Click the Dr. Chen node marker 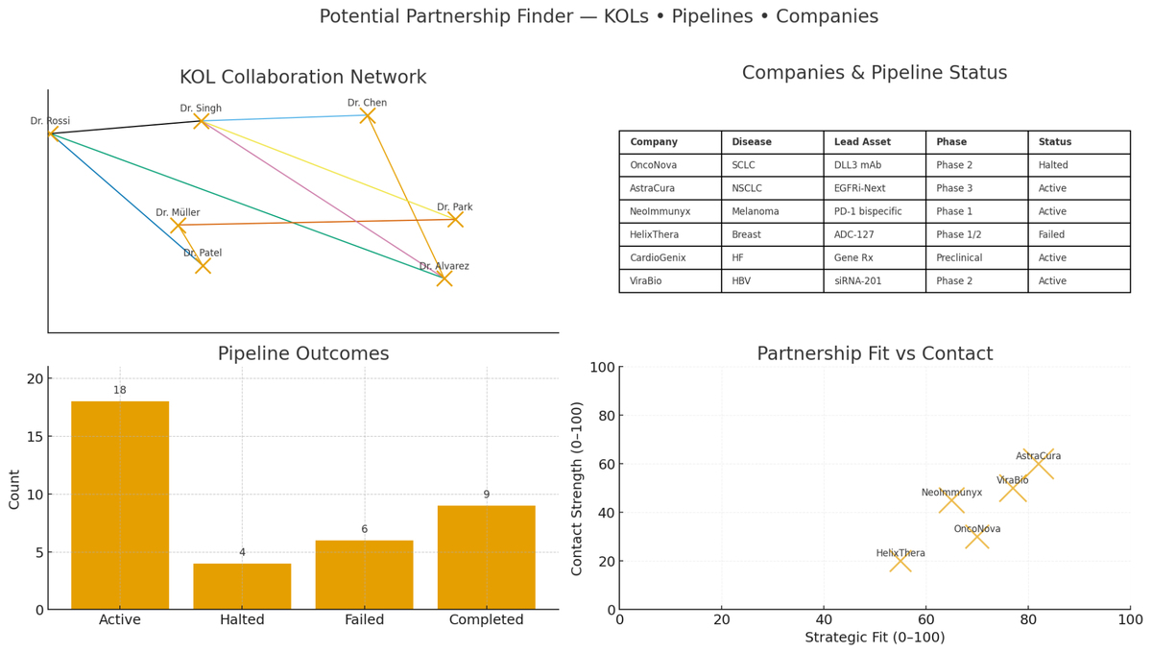(367, 115)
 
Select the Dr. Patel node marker (203, 266)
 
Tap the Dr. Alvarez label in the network (444, 266)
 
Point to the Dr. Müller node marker (178, 226)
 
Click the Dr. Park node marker (455, 219)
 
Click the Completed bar (486, 557)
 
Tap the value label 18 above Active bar (120, 390)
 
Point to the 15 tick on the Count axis (34, 437)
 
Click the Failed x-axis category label (364, 620)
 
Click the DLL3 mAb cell (857, 165)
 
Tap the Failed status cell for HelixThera (1053, 234)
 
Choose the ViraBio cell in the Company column (652, 281)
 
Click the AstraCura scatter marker (1038, 464)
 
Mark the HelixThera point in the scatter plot (900, 561)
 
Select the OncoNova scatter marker (976, 537)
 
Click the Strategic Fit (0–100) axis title (875, 638)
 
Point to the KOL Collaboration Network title (302, 78)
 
